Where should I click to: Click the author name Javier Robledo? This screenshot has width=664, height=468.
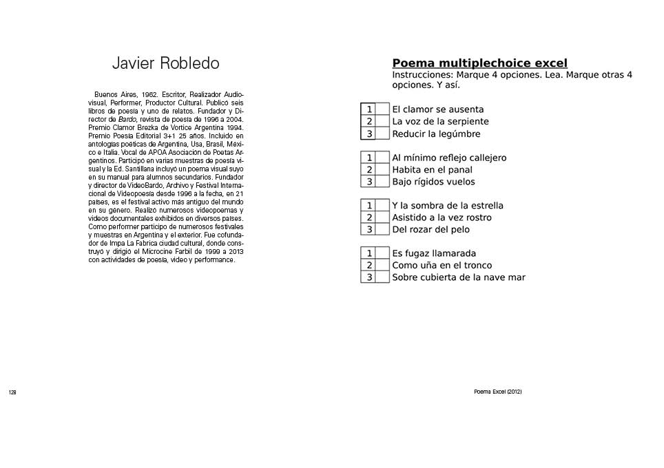(x=165, y=63)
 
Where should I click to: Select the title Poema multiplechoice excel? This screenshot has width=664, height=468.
(x=479, y=64)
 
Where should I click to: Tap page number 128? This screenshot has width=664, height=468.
(x=12, y=392)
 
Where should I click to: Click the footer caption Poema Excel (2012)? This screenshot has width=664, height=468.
(x=497, y=392)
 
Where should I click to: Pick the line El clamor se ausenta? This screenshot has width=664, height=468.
(x=437, y=109)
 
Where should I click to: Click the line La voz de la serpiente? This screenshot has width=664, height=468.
(x=440, y=122)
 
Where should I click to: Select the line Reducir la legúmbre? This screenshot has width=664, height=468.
(x=436, y=134)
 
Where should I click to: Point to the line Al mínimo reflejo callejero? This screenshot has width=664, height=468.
(x=449, y=158)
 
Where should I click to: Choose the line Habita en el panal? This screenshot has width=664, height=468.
(x=432, y=170)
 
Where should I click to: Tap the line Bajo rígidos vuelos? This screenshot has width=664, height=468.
(x=433, y=182)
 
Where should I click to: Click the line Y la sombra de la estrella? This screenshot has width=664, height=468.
(x=448, y=206)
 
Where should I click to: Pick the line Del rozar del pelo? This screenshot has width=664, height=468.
(x=430, y=229)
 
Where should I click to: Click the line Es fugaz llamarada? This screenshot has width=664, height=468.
(x=434, y=253)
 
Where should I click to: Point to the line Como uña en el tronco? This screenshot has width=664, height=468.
(x=442, y=265)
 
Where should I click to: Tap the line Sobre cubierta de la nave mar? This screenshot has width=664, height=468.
(x=459, y=277)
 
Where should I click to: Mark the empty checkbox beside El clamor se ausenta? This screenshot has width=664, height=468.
(x=382, y=109)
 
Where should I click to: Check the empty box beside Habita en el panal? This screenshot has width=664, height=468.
(x=382, y=170)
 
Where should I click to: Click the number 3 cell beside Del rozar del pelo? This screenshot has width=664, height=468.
(x=369, y=229)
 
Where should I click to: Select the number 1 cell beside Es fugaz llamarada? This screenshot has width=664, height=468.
(x=369, y=253)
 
